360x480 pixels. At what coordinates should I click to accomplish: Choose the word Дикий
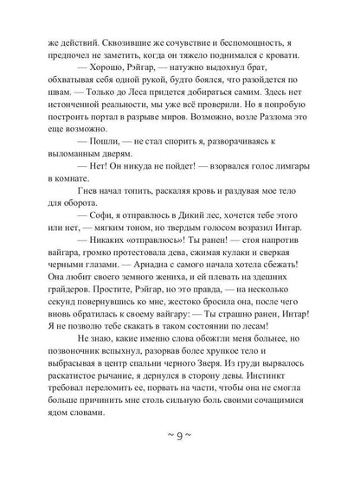pyautogui.click(x=220, y=264)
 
